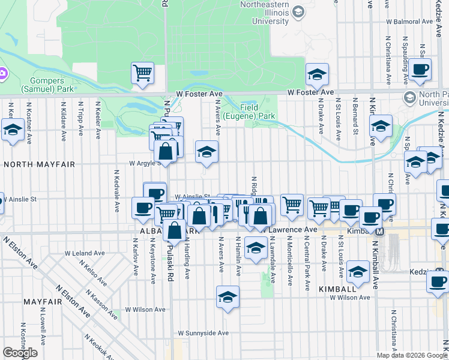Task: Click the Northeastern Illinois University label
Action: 256,13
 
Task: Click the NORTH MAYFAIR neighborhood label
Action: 40,164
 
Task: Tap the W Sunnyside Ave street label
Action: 203,333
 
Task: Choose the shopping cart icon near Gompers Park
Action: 142,73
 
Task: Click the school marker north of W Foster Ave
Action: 317,74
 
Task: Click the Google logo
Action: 20,353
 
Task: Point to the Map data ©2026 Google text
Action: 411,355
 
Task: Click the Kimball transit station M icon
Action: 379,231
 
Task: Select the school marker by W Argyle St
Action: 206,152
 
